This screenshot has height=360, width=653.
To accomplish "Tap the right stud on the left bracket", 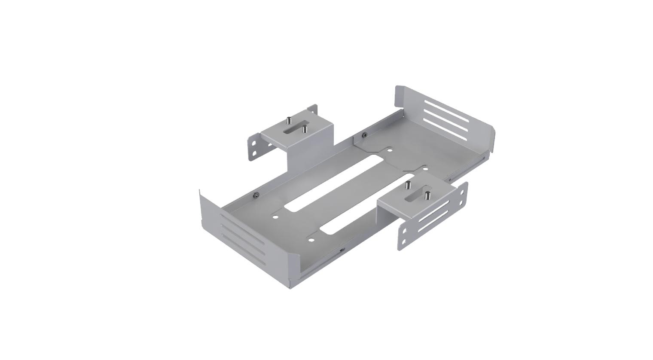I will coord(305,128).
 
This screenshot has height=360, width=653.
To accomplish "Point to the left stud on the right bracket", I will coord(408,186).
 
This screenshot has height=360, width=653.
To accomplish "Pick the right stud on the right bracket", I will coord(427,195).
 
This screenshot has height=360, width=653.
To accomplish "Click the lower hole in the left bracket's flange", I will coord(254,153).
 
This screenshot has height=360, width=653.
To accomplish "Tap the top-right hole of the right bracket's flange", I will coord(462,192).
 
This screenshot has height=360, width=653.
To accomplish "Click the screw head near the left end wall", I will coord(256,196).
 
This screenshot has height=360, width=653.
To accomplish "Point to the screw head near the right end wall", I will coord(364,135).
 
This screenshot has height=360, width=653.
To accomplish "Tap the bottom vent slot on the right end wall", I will coord(444,128).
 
